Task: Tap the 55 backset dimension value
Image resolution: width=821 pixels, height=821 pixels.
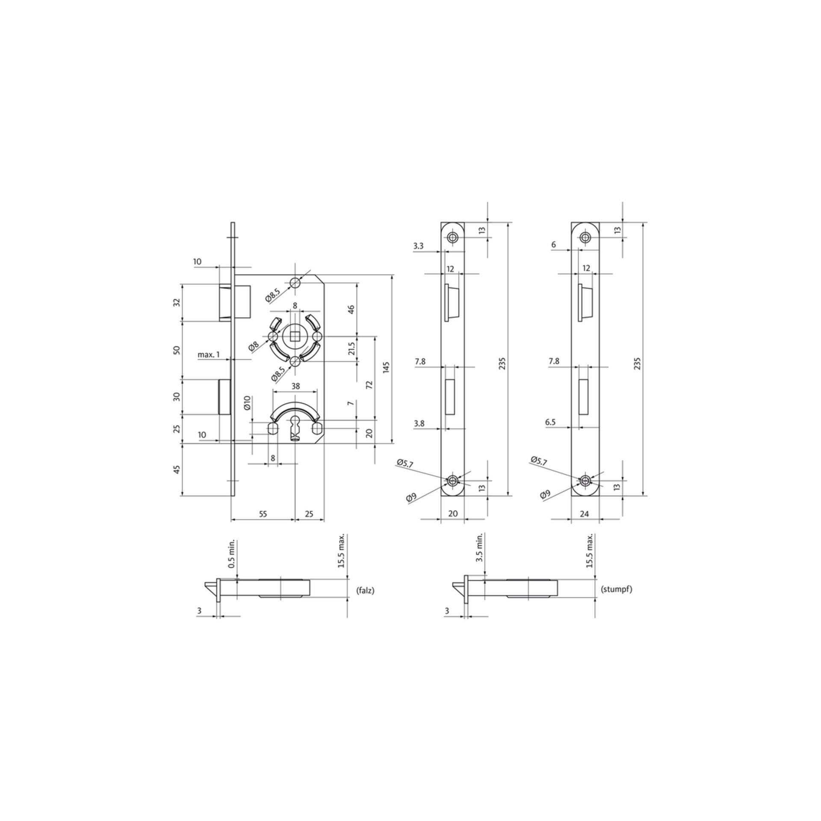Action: [263, 514]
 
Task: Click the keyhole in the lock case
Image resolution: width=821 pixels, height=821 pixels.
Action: [295, 429]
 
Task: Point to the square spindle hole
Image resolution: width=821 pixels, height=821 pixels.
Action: [295, 337]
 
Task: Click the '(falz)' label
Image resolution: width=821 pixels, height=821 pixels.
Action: [365, 591]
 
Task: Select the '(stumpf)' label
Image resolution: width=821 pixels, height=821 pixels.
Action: [617, 589]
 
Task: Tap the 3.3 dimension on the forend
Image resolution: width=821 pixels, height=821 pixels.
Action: [419, 246]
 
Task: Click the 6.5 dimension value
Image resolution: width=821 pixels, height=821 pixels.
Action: [551, 422]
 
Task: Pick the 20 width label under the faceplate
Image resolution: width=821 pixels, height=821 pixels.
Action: [453, 514]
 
